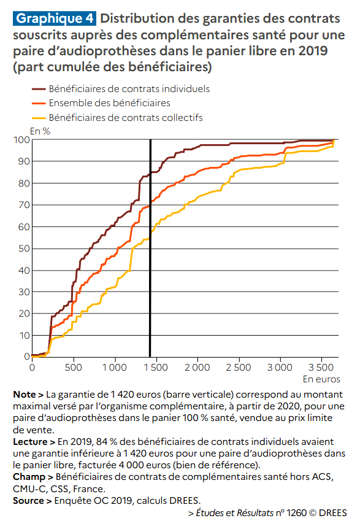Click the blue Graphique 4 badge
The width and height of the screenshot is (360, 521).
(x=55, y=18)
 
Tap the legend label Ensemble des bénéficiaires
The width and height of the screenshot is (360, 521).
(x=110, y=103)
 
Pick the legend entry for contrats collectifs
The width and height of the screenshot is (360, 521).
(x=126, y=118)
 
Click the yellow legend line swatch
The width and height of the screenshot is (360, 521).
(x=39, y=118)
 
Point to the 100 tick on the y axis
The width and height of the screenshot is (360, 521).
(x=21, y=139)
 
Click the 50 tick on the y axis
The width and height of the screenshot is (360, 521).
(x=24, y=249)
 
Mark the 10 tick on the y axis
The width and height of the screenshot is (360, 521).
(x=25, y=336)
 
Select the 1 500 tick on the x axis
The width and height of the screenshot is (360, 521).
(x=156, y=367)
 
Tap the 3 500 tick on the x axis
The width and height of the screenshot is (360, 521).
(x=321, y=367)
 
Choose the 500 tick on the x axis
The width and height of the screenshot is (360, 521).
(x=73, y=367)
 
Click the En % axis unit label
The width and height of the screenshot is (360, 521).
(x=40, y=131)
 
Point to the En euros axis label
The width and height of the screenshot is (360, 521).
(x=321, y=379)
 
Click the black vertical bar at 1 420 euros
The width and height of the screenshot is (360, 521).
(x=150, y=248)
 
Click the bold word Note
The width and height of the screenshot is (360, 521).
(x=25, y=395)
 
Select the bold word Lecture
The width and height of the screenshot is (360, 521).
(x=30, y=442)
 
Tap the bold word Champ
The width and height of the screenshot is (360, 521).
(x=29, y=477)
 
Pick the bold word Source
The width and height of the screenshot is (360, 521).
(x=28, y=501)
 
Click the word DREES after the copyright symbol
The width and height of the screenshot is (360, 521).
(x=333, y=512)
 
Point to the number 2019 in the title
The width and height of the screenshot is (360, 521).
(x=313, y=51)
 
